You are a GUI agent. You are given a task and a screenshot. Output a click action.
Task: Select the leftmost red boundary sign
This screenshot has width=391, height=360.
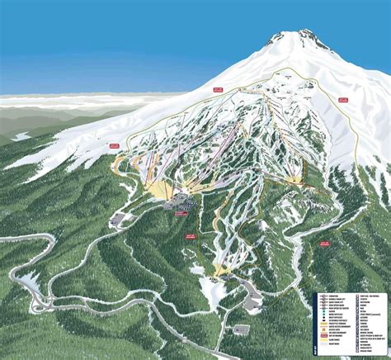[x=114, y=145]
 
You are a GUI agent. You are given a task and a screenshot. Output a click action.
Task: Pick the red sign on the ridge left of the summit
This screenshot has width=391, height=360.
[x=217, y=88]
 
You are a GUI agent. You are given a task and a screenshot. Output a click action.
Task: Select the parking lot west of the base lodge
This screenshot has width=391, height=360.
[x=121, y=220]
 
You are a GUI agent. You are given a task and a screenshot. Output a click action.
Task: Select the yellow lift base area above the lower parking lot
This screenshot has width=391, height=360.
[x=221, y=268]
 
